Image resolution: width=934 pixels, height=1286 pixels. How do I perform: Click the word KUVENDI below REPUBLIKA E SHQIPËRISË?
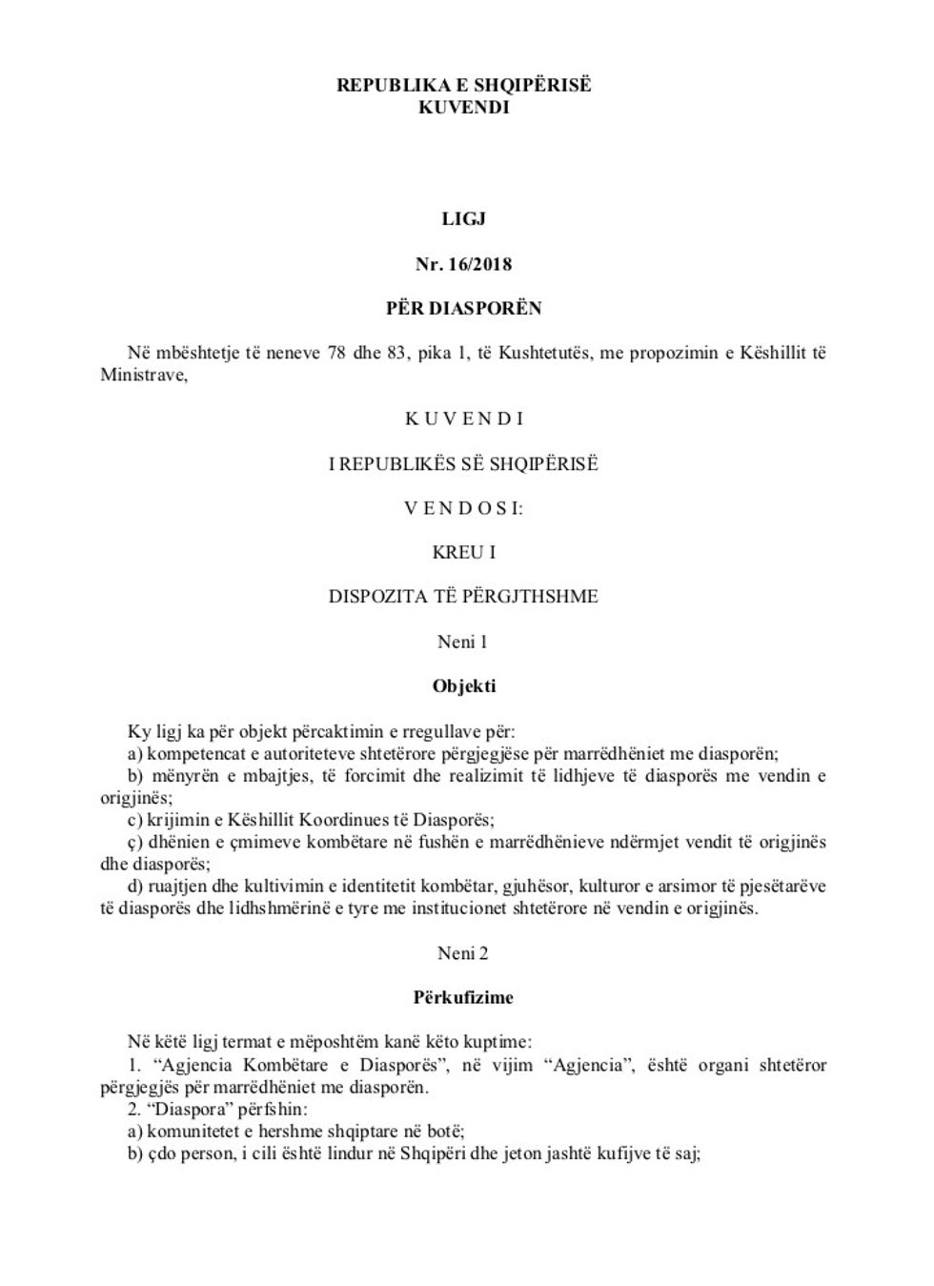coord(464,107)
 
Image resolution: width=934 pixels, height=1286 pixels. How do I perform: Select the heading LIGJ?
coord(464,218)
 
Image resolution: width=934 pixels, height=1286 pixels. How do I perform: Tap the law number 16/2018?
coord(480,263)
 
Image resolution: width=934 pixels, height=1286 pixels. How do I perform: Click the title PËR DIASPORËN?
coord(464,308)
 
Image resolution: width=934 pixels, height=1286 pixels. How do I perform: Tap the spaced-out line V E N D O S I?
coord(464,508)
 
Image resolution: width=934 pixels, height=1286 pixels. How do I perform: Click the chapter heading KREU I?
coord(464,552)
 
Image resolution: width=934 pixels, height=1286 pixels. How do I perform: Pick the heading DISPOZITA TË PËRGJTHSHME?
coord(464,597)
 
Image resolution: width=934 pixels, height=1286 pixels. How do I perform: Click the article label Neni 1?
coord(463,642)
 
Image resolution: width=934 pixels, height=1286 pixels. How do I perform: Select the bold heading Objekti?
coord(464,686)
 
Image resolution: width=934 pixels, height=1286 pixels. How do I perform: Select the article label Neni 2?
coord(463,953)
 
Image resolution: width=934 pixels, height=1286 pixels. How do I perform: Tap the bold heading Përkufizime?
coord(464,998)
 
